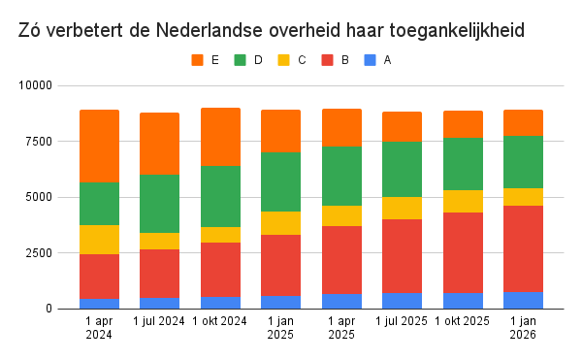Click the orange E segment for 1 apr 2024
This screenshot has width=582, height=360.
pyautogui.click(x=99, y=146)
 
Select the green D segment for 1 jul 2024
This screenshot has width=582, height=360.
pyautogui.click(x=159, y=204)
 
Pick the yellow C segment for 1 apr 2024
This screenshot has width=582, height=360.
pyautogui.click(x=99, y=240)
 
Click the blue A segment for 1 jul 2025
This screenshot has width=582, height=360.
pyautogui.click(x=402, y=300)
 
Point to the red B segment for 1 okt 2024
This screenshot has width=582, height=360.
pyautogui.click(x=220, y=269)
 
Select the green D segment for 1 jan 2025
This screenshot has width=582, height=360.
pyautogui.click(x=280, y=181)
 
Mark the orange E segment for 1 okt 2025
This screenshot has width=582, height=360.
pyautogui.click(x=463, y=124)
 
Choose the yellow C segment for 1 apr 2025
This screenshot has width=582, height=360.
pyautogui.click(x=341, y=215)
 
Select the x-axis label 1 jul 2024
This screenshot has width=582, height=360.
pyautogui.click(x=159, y=321)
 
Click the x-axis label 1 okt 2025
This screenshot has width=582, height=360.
pyautogui.click(x=463, y=321)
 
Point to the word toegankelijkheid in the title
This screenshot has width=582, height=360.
pyautogui.click(x=456, y=30)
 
